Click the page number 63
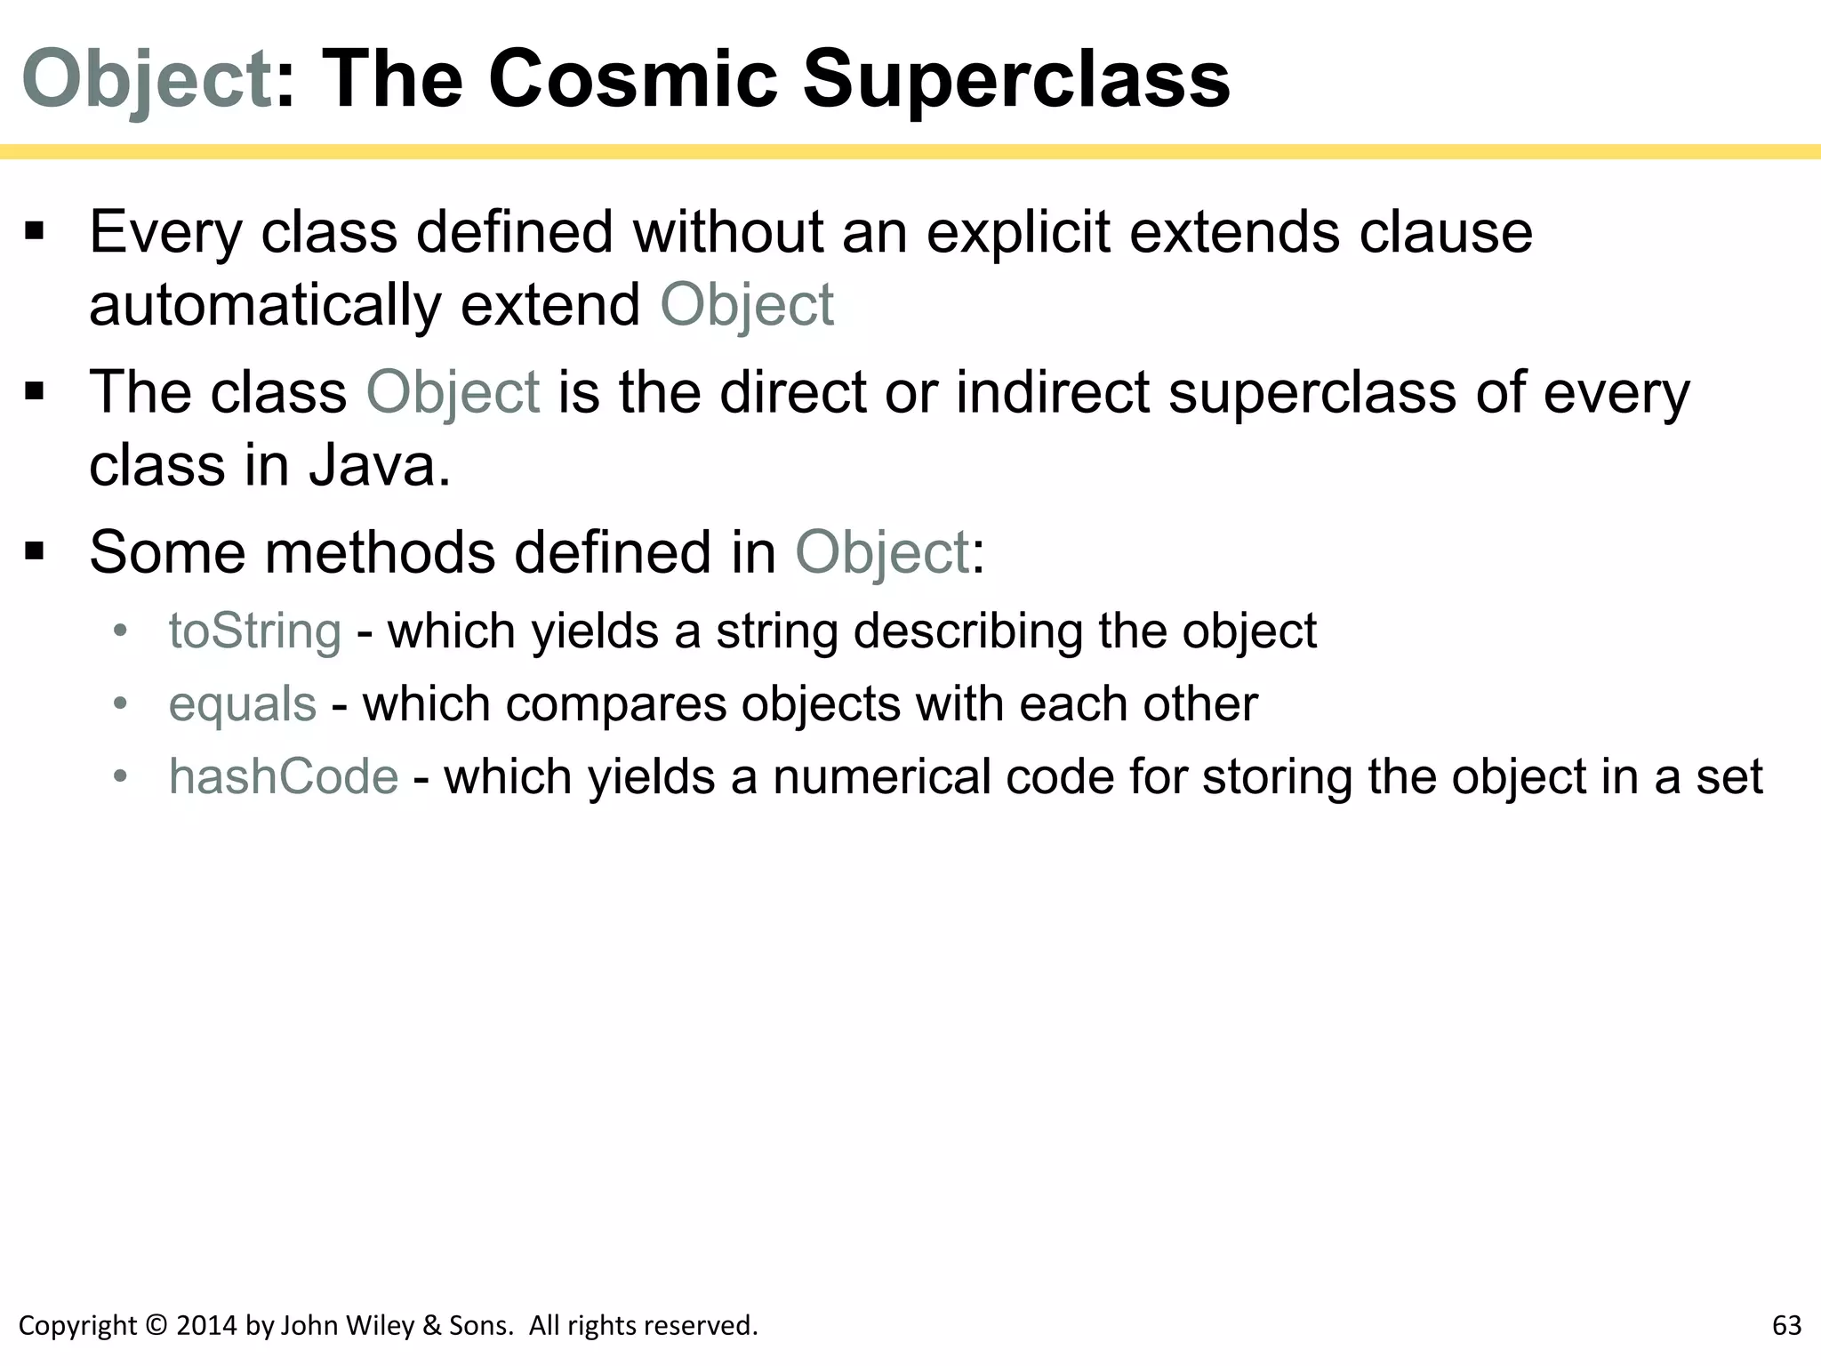(1786, 1325)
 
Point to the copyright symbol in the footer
(156, 1326)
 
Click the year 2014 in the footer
(207, 1326)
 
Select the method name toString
(255, 631)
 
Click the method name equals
(243, 703)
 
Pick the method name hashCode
(284, 776)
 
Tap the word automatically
(265, 305)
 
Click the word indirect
(1053, 392)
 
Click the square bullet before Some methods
(35, 552)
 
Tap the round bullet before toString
(121, 631)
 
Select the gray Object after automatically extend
(746, 305)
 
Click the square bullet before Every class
(35, 232)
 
